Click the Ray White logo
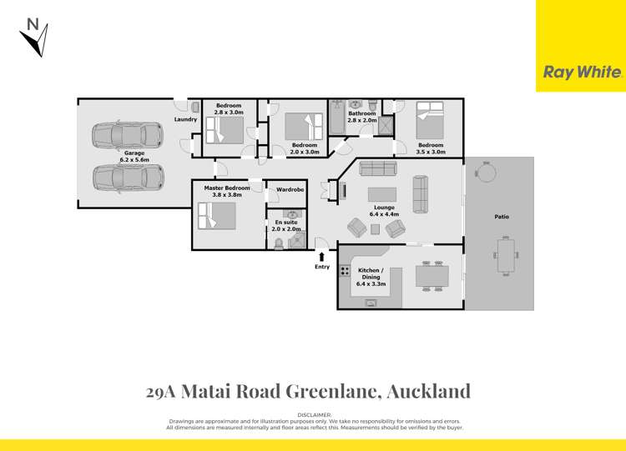click(582, 73)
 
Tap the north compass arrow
click(35, 38)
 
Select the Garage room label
click(134, 157)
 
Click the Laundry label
click(185, 119)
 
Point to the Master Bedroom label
click(227, 192)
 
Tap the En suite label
click(286, 226)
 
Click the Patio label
click(501, 217)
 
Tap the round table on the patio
click(485, 173)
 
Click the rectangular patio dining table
click(506, 255)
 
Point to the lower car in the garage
click(128, 178)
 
